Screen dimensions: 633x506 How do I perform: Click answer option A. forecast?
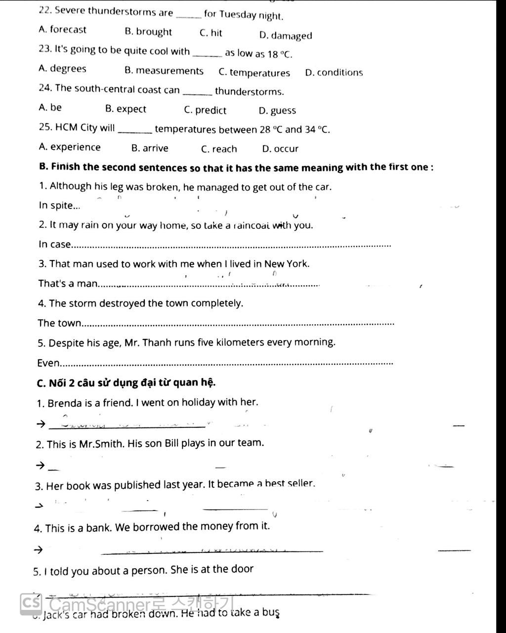(62, 30)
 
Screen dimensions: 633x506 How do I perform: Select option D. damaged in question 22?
(286, 36)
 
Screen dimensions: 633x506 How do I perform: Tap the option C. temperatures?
(254, 73)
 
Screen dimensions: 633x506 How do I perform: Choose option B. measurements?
(164, 71)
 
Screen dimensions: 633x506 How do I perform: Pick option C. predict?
(205, 110)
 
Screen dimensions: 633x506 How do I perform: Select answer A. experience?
(69, 147)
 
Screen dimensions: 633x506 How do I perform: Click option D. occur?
(280, 149)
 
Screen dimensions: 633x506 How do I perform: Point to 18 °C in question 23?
(279, 54)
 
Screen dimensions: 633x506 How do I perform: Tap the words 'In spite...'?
(59, 206)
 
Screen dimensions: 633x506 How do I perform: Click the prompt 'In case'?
(54, 244)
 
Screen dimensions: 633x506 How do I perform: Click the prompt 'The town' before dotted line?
(59, 323)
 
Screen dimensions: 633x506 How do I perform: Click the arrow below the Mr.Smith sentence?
(40, 465)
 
